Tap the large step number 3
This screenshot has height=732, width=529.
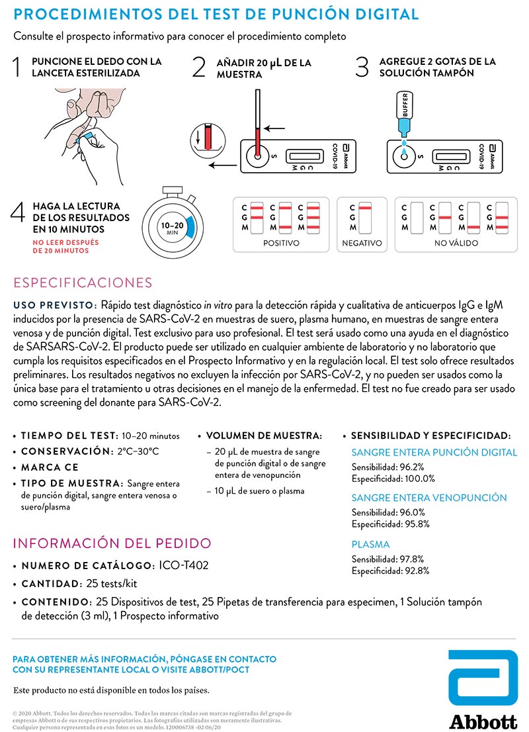362,68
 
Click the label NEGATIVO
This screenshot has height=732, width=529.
362,243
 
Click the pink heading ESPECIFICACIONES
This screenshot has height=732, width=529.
83,283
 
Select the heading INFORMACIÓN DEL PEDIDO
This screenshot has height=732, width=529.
112,544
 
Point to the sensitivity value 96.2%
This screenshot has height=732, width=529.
411,467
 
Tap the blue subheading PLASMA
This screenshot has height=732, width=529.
370,545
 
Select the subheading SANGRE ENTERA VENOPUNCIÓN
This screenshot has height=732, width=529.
429,498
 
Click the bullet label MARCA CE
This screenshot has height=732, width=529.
50,467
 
